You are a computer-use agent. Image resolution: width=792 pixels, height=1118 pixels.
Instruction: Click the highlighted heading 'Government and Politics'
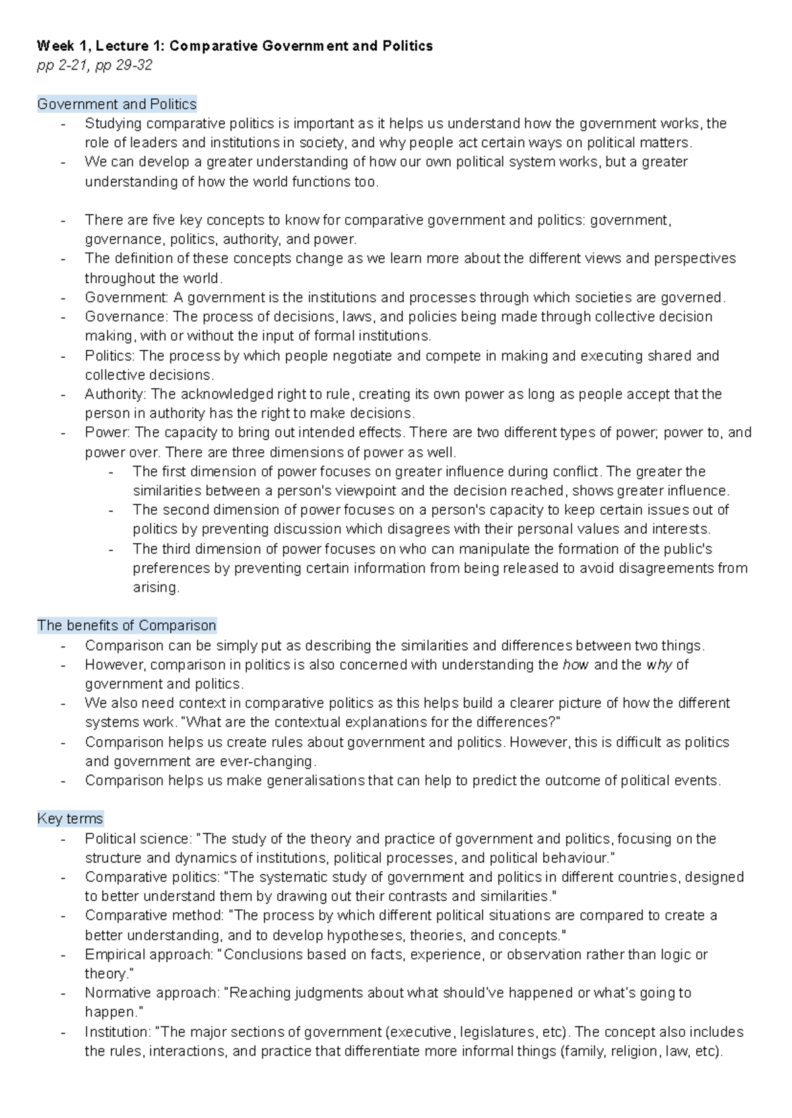[117, 104]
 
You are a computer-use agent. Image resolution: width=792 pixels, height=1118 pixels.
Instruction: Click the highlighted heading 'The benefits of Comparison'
[127, 626]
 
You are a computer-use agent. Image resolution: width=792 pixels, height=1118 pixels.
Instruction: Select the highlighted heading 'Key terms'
[70, 819]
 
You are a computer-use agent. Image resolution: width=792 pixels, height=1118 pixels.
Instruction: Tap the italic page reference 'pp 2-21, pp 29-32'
[94, 65]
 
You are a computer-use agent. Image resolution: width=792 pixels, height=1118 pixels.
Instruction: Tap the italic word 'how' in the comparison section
[576, 665]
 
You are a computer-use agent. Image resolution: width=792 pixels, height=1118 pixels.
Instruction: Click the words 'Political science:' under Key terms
[138, 839]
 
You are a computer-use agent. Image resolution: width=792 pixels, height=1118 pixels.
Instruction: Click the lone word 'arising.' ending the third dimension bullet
[156, 587]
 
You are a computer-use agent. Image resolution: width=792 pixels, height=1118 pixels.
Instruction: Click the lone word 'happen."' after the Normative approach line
[114, 1012]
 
